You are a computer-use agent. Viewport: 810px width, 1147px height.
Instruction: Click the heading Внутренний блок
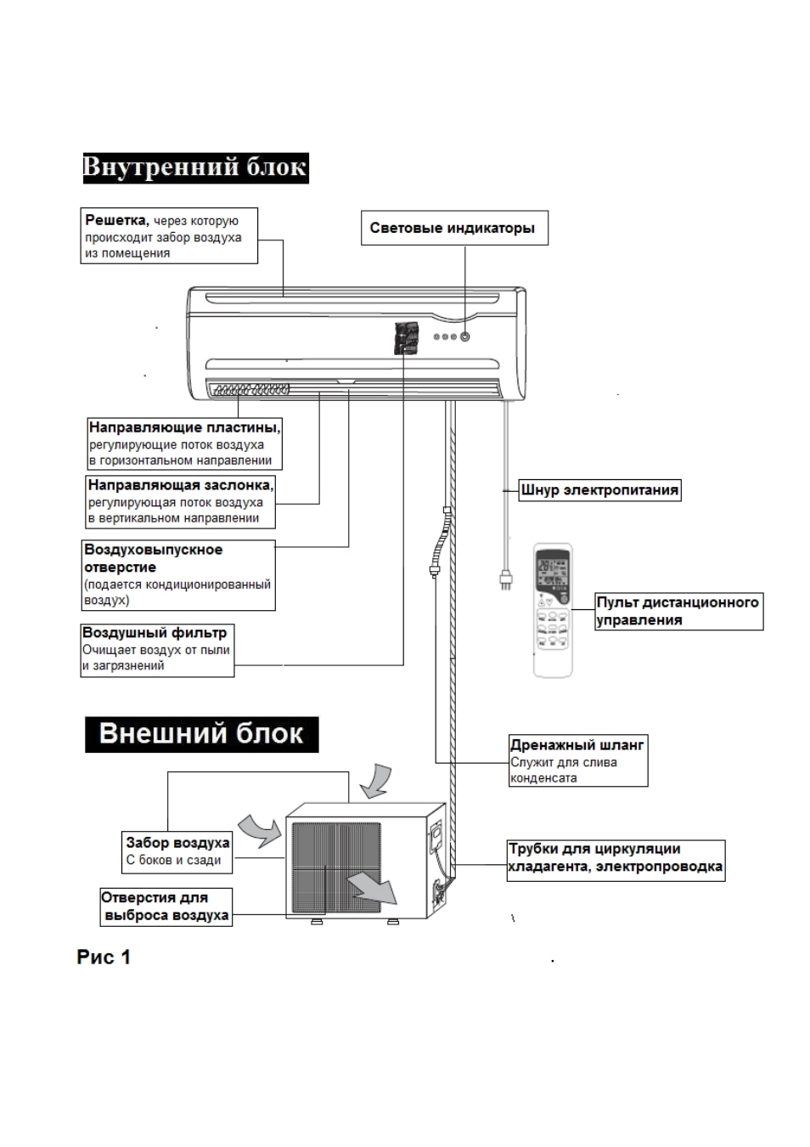pos(195,168)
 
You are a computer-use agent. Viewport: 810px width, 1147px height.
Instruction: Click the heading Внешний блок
pos(201,734)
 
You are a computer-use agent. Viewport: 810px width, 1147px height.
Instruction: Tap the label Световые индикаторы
pos(454,228)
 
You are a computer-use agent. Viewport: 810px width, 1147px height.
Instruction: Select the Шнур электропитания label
pos(599,490)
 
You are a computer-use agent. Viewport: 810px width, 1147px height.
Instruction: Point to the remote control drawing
pos(553,610)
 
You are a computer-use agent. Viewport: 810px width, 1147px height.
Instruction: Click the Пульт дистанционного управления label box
pos(679,611)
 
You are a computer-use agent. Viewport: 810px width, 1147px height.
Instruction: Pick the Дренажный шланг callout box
pos(578,760)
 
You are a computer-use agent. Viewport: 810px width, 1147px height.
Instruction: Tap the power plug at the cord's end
pos(505,580)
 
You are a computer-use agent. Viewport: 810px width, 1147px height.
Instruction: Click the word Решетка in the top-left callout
pos(116,220)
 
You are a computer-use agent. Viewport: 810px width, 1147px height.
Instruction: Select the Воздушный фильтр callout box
pos(158,650)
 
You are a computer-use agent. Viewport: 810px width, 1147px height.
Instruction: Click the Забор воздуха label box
pos(177,852)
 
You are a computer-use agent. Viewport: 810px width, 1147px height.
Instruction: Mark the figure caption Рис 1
pos(104,958)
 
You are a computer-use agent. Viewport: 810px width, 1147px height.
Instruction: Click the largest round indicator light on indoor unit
pos(465,337)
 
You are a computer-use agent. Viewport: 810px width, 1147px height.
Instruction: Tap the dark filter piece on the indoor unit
pos(407,338)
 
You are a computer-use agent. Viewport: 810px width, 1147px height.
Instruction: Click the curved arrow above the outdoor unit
pos(376,781)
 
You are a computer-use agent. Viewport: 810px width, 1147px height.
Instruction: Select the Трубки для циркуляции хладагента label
pos(616,860)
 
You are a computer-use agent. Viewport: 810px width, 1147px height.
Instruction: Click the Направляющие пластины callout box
pos(185,444)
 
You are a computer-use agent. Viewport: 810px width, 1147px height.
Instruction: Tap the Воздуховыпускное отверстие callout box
pos(178,575)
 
